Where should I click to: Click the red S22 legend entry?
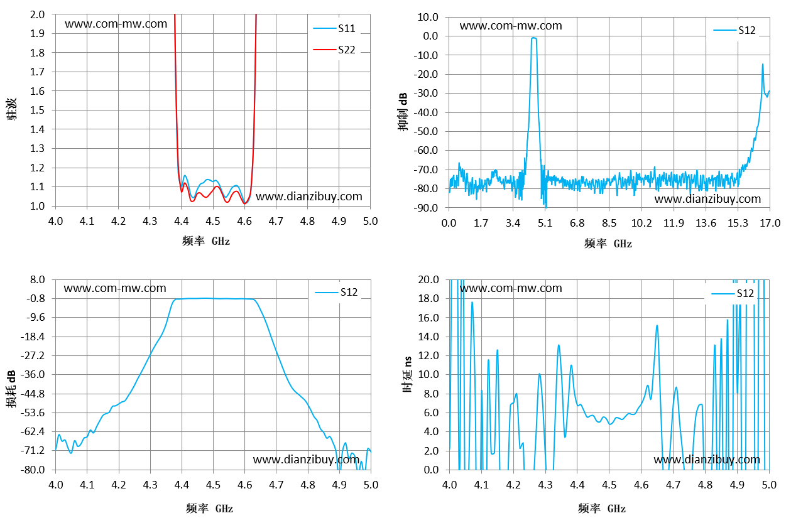(334, 50)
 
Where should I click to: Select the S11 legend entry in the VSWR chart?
(334, 28)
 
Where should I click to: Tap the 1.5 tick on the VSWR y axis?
(38, 110)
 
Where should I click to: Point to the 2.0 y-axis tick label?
(38, 14)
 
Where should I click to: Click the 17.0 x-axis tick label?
(770, 223)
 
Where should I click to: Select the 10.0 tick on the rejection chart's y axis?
(428, 17)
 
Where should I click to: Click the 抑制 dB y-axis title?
(403, 112)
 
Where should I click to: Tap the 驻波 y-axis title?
(11, 109)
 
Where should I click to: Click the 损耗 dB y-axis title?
(11, 389)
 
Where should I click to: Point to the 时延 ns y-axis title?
(407, 374)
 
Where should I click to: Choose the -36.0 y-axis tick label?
(33, 374)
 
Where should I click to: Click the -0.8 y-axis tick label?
(36, 299)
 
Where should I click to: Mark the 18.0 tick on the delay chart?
(428, 299)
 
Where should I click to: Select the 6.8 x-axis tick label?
(577, 223)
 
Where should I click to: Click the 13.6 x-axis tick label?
(706, 223)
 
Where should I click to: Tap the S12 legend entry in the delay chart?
(733, 293)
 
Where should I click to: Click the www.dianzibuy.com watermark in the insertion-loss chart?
(306, 460)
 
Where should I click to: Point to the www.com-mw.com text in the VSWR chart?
(116, 24)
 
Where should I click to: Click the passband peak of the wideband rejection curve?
(533, 38)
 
